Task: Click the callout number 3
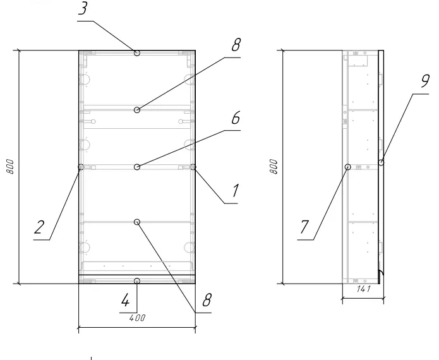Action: click(83, 9)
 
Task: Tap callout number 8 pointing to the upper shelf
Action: click(236, 44)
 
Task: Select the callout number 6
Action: click(236, 117)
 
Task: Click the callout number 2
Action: click(39, 227)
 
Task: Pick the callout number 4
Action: click(125, 300)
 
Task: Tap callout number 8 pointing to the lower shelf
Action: click(207, 300)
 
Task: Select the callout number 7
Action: click(304, 227)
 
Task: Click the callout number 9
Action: click(425, 81)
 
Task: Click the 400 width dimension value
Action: click(137, 318)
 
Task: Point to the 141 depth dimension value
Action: click(364, 289)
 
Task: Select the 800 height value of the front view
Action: click(9, 167)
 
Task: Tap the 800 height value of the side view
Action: click(274, 167)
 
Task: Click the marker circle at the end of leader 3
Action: click(137, 53)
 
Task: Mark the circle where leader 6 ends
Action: click(137, 167)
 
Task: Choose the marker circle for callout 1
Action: click(193, 167)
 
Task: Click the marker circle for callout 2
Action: click(81, 167)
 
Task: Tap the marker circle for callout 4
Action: click(137, 281)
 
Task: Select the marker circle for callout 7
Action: click(348, 167)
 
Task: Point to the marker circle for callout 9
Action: click(381, 162)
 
